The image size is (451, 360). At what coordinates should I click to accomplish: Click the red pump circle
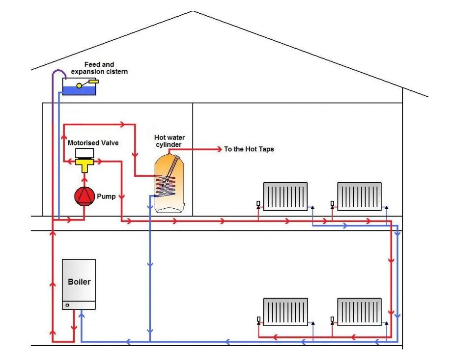84,196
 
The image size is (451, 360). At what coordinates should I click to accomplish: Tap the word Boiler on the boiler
79,282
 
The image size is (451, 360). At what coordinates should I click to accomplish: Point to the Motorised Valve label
93,143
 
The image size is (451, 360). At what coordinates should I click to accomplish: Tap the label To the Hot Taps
249,149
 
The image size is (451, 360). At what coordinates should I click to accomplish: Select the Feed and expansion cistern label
99,68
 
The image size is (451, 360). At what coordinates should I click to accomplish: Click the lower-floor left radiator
285,312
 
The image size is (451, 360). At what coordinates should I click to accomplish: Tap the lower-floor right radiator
359,312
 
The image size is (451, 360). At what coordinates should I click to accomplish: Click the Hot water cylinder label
169,141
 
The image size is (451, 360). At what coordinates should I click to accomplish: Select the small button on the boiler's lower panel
67,305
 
